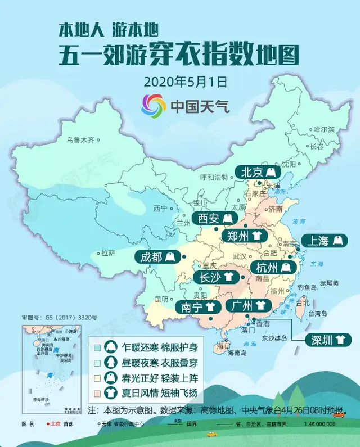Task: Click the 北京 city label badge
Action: point(258,171)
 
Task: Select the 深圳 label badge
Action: point(327,340)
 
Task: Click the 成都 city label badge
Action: point(157,257)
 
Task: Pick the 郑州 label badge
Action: point(242,236)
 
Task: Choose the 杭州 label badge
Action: point(269,267)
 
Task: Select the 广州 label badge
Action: point(248,306)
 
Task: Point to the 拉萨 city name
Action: point(108,252)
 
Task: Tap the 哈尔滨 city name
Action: point(324,129)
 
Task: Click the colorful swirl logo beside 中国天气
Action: point(154,105)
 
